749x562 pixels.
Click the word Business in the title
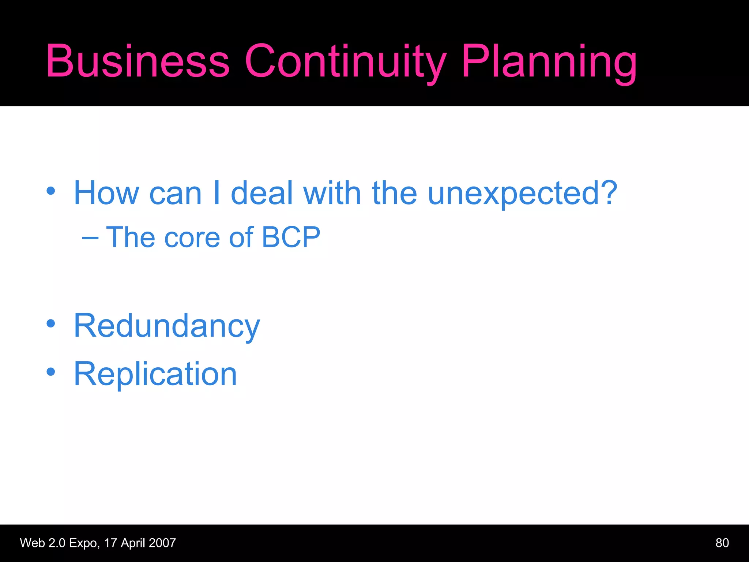coord(138,61)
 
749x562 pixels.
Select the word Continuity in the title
coord(345,61)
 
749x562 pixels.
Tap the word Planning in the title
coord(549,61)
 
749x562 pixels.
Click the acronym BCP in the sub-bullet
coord(291,237)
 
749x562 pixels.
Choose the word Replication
coord(155,374)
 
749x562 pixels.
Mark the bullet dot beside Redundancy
coord(51,324)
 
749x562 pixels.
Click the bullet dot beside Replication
coord(51,372)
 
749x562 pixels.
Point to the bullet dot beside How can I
coord(51,191)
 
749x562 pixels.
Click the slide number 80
coord(722,543)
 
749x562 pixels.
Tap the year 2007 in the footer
coord(162,543)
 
